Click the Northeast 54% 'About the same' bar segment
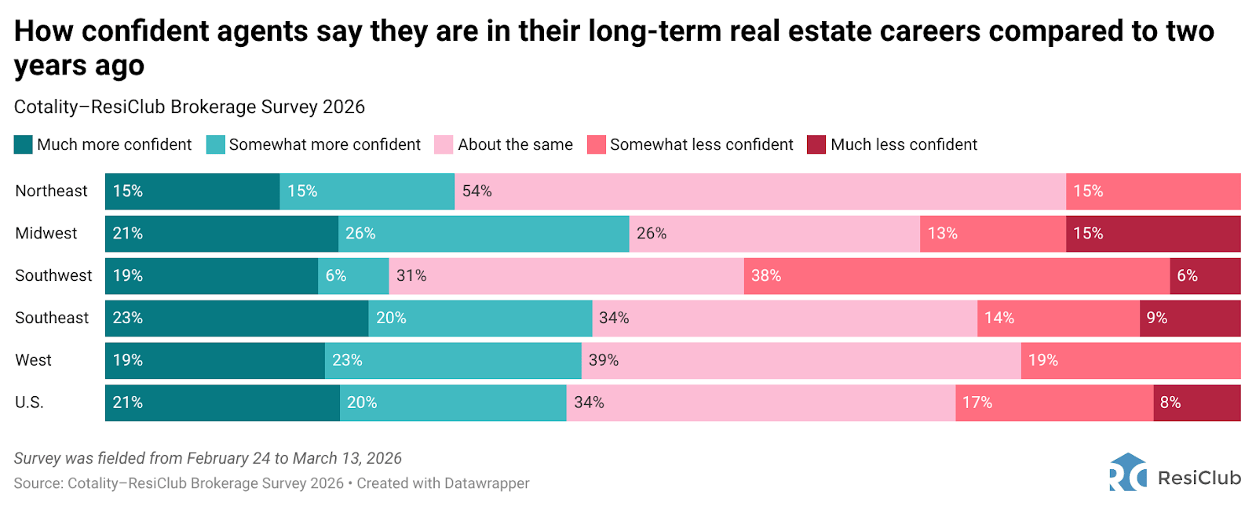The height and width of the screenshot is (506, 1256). [x=760, y=191]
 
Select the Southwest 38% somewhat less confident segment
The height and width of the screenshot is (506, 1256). [x=956, y=276]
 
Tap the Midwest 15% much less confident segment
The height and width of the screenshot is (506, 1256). [x=1152, y=234]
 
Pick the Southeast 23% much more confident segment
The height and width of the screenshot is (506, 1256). [x=236, y=319]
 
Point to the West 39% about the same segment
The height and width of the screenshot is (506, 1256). [x=801, y=361]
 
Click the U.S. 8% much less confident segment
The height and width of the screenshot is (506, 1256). [x=1196, y=403]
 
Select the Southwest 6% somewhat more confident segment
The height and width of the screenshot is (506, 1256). [x=353, y=276]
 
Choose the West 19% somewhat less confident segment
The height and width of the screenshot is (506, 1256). [x=1130, y=361]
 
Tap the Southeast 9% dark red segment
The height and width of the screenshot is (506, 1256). [x=1189, y=319]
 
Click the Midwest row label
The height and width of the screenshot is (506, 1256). [x=46, y=234]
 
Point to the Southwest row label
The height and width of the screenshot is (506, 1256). [x=53, y=276]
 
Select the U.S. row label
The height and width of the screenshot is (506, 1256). [x=30, y=403]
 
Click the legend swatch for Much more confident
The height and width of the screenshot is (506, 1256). [x=24, y=145]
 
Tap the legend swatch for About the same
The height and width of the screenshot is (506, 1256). [x=444, y=145]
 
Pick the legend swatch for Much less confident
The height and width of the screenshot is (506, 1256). [x=816, y=145]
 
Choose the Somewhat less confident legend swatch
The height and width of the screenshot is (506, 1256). [x=597, y=145]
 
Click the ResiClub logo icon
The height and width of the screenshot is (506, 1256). [x=1128, y=472]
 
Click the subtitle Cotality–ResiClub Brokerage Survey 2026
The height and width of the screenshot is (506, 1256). [x=189, y=107]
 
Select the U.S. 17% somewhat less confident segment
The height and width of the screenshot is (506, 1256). [x=1053, y=403]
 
